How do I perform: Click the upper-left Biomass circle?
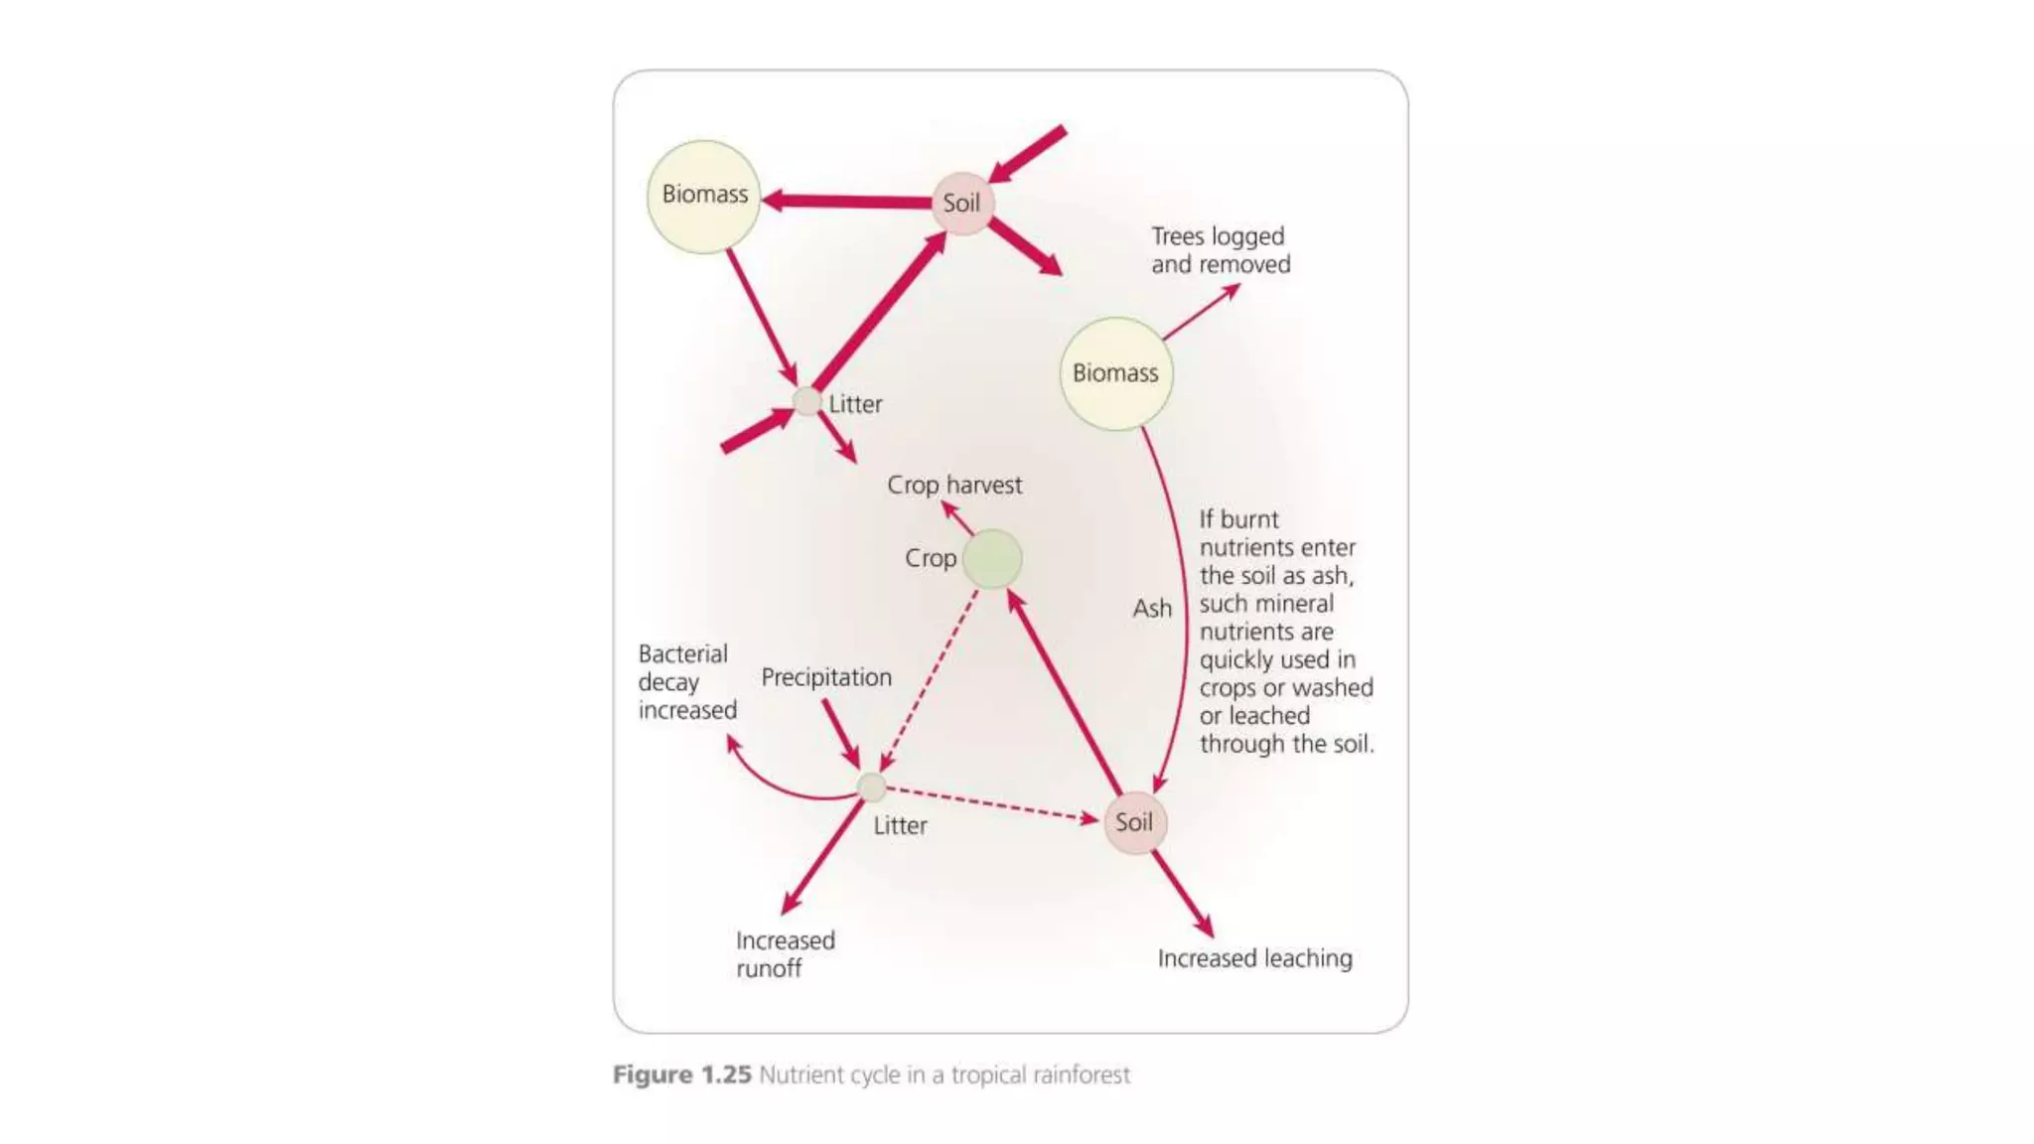tap(703, 196)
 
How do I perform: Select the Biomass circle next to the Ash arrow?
tap(1115, 373)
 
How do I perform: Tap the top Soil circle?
tap(961, 204)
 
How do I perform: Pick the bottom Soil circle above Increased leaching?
tap(1134, 822)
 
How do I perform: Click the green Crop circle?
tap(992, 559)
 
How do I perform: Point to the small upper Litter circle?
tap(807, 402)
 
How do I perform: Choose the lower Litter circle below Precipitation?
tap(871, 787)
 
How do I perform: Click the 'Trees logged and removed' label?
tap(1221, 250)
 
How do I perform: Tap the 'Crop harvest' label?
tap(953, 485)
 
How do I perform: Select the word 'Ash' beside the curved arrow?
tap(1152, 608)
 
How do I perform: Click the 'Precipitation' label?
tap(826, 677)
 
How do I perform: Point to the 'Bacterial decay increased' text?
tap(686, 682)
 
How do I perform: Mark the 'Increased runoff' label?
tap(785, 954)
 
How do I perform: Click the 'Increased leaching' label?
tap(1254, 958)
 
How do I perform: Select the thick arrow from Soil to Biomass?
tap(849, 202)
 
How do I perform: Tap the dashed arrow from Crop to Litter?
tap(930, 680)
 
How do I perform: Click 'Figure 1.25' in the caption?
tap(681, 1074)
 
